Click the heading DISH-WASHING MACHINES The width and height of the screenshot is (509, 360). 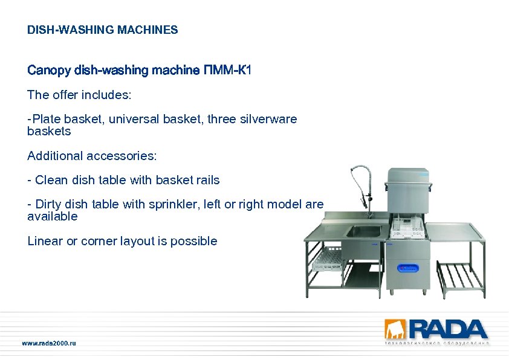point(102,30)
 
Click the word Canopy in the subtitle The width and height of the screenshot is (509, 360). point(49,71)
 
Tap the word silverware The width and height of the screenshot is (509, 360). point(268,119)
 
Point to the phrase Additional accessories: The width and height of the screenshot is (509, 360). point(92,156)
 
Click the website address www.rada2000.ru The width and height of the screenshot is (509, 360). point(49,343)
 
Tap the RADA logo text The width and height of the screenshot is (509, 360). point(447,329)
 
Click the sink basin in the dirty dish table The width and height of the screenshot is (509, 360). point(363,232)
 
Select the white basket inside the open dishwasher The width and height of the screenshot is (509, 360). point(406,227)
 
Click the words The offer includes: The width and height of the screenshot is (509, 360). point(79,95)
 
